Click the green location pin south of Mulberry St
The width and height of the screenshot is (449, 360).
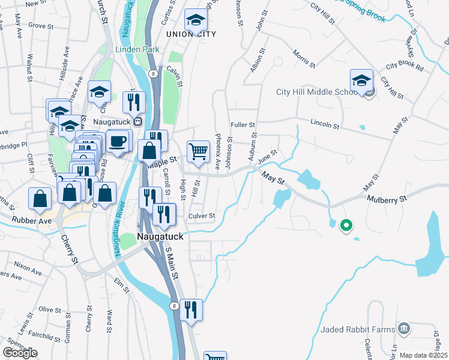[345, 226]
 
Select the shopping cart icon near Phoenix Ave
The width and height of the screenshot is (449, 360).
[198, 152]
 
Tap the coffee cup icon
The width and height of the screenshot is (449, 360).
[118, 141]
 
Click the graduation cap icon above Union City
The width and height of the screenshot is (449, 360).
[195, 21]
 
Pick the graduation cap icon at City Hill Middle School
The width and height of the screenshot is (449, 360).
[362, 80]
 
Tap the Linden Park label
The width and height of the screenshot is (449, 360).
[133, 48]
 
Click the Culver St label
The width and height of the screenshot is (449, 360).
[201, 215]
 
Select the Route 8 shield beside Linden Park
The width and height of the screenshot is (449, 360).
[154, 73]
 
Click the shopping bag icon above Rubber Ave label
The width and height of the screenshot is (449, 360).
[40, 199]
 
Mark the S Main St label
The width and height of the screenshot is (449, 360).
[172, 265]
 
